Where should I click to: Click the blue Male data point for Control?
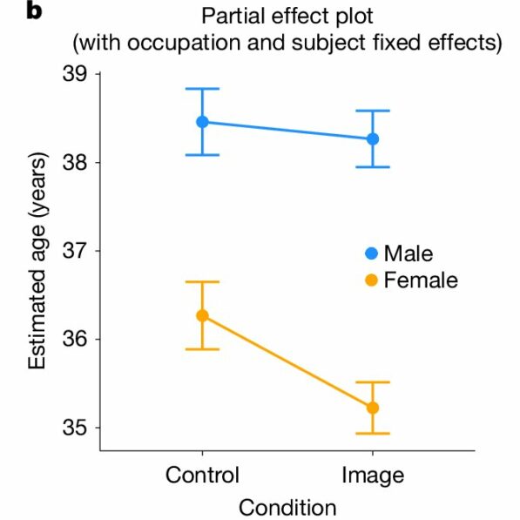pyautogui.click(x=202, y=122)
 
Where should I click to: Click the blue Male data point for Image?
pyautogui.click(x=373, y=138)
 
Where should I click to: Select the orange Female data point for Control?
pyautogui.click(x=202, y=315)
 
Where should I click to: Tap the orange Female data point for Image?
pyautogui.click(x=373, y=408)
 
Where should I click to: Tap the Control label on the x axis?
pyautogui.click(x=202, y=475)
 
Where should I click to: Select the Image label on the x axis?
pyautogui.click(x=373, y=475)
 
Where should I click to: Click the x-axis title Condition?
pyautogui.click(x=287, y=507)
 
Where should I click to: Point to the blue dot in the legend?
pyautogui.click(x=371, y=253)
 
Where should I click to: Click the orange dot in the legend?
pyautogui.click(x=371, y=280)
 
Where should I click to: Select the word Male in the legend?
pyautogui.click(x=409, y=253)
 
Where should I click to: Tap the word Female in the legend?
pyautogui.click(x=421, y=280)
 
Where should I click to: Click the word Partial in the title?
pyautogui.click(x=231, y=16)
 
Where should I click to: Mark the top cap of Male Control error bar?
pyautogui.click(x=202, y=89)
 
